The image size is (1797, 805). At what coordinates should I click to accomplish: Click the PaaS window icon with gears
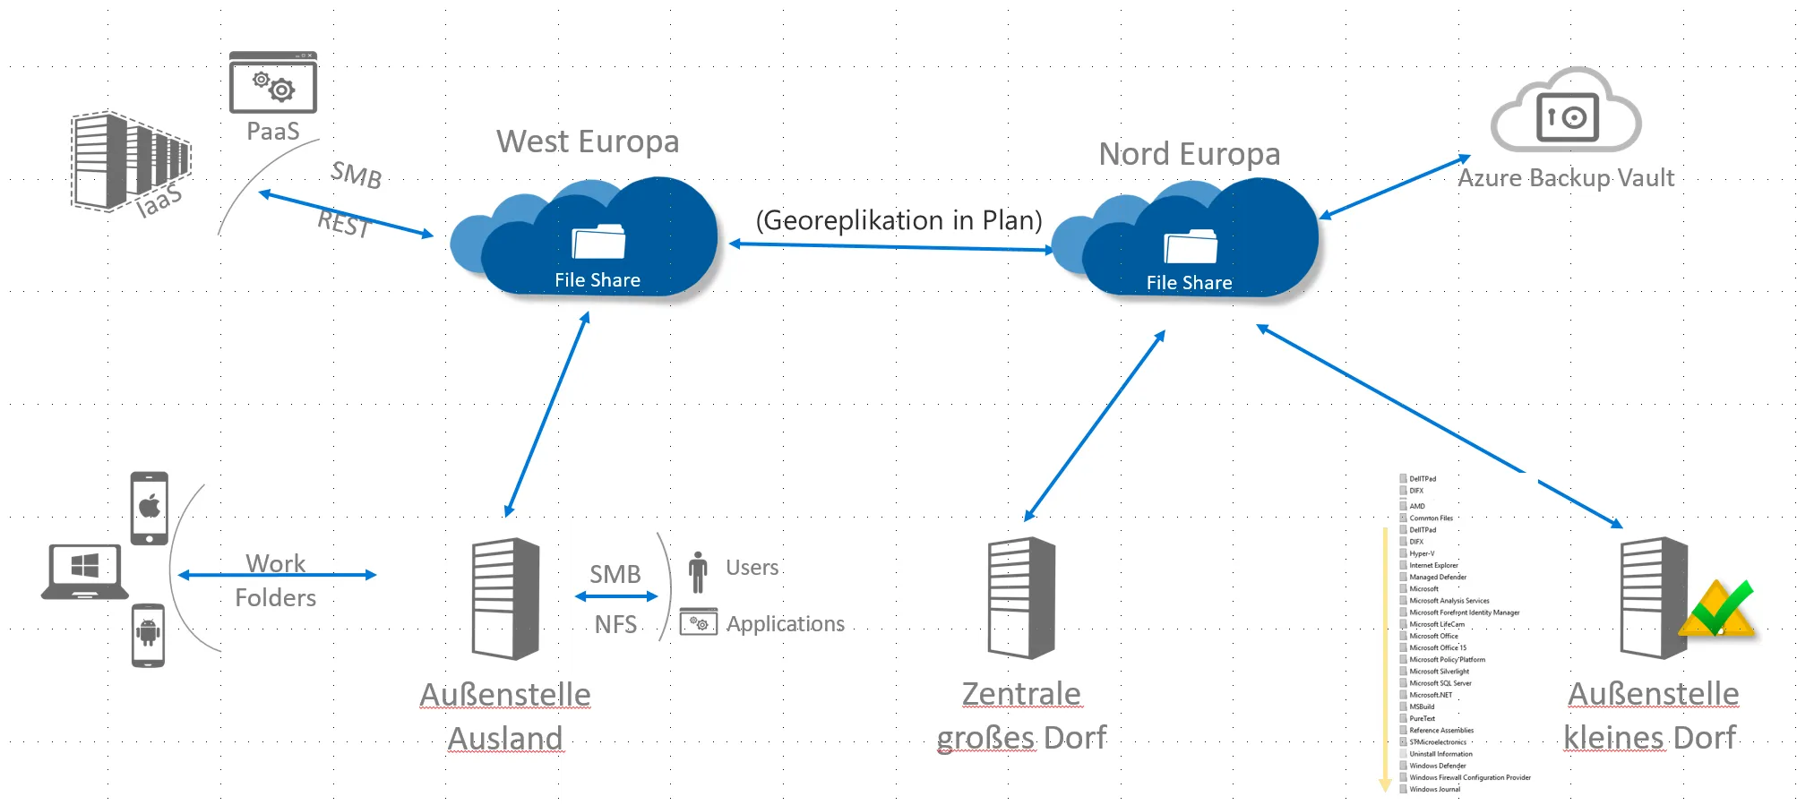pos(272,82)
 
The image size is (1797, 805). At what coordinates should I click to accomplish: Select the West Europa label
pos(588,141)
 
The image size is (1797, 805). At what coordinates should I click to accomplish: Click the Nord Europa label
pos(1189,154)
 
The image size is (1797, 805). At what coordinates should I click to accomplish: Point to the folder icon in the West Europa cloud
pos(598,242)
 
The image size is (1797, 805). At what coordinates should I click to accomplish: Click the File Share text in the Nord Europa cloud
pos(1189,283)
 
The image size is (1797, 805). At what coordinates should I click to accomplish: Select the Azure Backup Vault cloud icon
pos(1566,112)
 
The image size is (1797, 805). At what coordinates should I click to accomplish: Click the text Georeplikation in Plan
pos(898,220)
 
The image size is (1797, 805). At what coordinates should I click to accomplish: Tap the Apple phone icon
pos(149,507)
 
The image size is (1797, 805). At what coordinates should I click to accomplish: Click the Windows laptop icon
pos(85,571)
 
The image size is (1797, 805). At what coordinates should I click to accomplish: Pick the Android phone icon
pos(148,635)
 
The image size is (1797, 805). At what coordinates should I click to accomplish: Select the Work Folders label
pos(276,580)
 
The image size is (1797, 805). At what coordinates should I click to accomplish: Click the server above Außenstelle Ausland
pos(505,597)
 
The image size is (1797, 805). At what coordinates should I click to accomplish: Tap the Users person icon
pos(698,571)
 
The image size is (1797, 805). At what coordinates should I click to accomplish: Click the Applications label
pos(785,624)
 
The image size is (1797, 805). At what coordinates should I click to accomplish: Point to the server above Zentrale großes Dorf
pos(1021,597)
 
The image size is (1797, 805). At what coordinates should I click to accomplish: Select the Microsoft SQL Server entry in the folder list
pos(1440,683)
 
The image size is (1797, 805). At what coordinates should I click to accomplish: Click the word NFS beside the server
pos(615,624)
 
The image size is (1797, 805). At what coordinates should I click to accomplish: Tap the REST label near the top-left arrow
pos(344,223)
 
